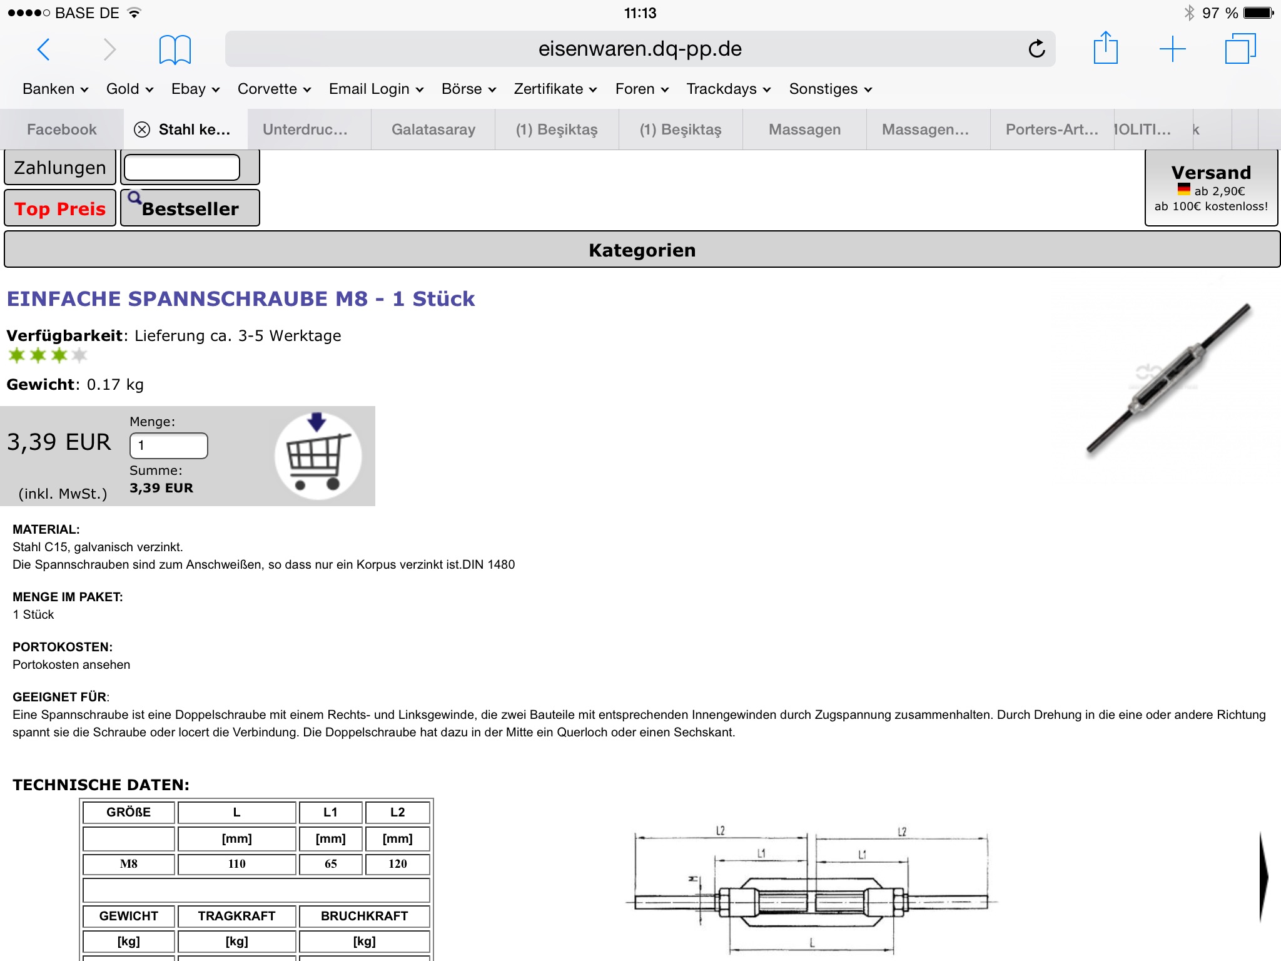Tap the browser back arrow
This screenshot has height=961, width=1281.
(x=44, y=49)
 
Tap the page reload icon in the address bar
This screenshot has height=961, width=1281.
(x=1036, y=49)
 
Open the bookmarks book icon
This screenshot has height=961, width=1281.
(x=175, y=49)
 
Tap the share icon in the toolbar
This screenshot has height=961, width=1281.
(x=1105, y=48)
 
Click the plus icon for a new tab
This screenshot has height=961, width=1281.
(x=1172, y=49)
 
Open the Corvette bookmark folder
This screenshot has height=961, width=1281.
(x=274, y=89)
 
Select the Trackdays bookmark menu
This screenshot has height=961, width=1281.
(x=728, y=89)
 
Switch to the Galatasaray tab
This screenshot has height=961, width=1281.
(x=433, y=130)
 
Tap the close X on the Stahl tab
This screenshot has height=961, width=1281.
(x=143, y=130)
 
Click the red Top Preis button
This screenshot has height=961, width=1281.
(x=60, y=208)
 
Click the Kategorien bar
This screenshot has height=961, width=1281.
(x=642, y=250)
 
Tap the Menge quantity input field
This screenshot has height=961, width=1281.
(x=168, y=445)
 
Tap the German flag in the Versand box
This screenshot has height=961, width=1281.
(x=1183, y=190)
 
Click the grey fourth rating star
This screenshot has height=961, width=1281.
(x=79, y=355)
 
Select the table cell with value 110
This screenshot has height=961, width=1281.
(x=236, y=864)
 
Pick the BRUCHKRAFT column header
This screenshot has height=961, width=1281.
(x=364, y=916)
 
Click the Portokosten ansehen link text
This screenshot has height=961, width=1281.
(x=71, y=664)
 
